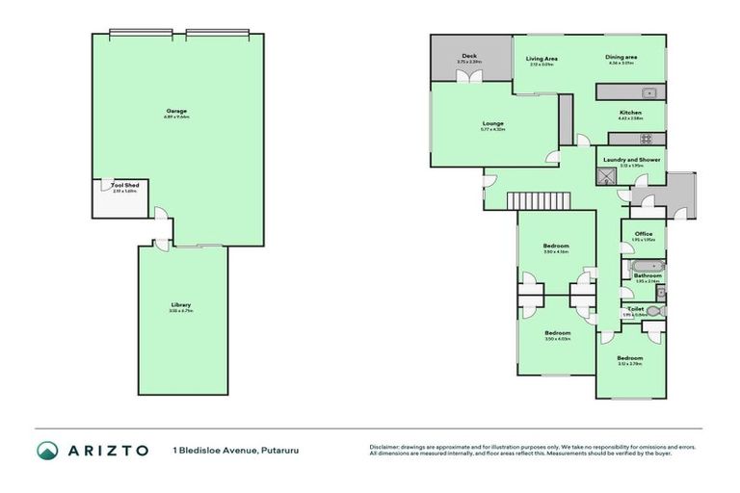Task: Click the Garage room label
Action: click(176, 111)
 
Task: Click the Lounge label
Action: click(493, 123)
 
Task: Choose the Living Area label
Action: click(542, 58)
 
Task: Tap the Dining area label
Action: click(621, 58)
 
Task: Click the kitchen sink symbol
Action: click(648, 92)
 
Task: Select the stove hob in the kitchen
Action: click(647, 138)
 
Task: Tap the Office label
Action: click(643, 234)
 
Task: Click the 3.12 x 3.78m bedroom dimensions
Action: click(630, 364)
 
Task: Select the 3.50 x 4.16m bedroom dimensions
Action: click(556, 251)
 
